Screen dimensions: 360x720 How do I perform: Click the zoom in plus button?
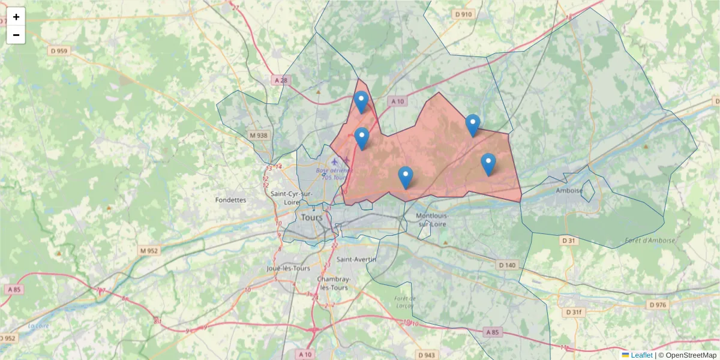[16, 17]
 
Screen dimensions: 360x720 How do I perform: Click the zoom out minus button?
[16, 35]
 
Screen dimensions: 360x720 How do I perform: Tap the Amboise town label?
[569, 190]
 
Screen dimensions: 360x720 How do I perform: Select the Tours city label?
[312, 217]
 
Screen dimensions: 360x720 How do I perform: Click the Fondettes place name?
[230, 200]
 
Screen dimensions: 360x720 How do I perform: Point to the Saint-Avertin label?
[356, 259]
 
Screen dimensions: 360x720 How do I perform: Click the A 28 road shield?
[280, 80]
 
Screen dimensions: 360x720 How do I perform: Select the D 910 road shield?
[463, 14]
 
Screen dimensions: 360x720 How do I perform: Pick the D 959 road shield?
[59, 51]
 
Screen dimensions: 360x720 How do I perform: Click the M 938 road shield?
[259, 136]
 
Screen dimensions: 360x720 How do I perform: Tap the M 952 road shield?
[148, 250]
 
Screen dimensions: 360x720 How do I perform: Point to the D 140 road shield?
[507, 265]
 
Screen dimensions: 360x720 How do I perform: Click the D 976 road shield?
[658, 305]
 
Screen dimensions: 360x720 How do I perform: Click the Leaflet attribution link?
[641, 355]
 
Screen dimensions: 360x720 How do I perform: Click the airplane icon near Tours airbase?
[335, 161]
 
